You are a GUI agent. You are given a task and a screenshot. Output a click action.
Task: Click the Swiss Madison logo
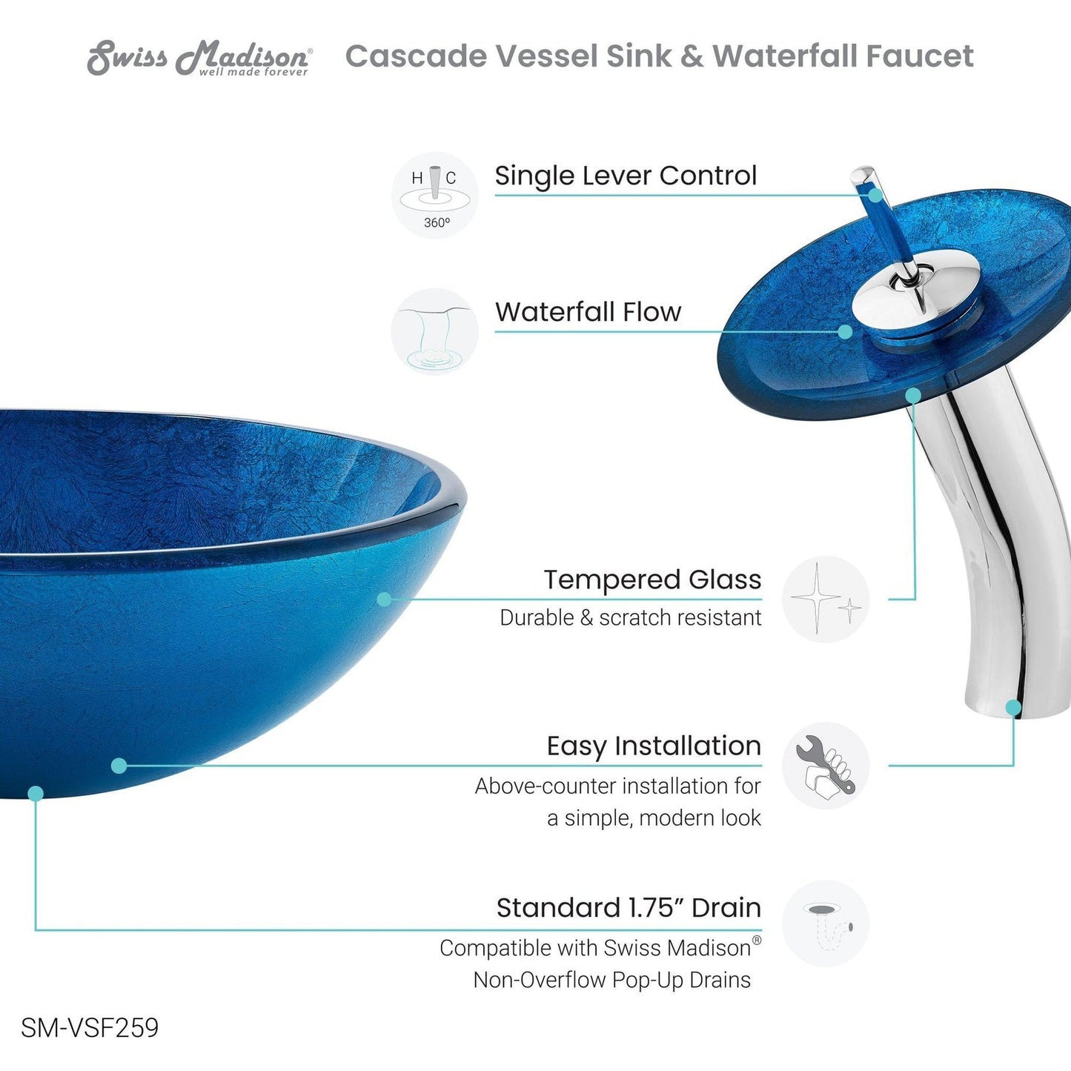199,58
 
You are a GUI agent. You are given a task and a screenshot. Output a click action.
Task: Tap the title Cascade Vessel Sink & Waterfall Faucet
659,56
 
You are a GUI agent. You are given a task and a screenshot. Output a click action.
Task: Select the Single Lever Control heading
626,176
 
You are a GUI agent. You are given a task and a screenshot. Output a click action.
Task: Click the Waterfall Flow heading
588,312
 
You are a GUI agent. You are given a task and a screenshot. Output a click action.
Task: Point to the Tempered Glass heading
652,580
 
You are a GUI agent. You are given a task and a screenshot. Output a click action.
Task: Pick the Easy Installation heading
654,746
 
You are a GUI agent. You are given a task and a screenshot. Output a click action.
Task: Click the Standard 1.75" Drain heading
629,907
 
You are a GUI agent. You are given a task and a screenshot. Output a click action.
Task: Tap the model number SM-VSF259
90,1028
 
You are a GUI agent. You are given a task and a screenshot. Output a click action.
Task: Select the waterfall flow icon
435,331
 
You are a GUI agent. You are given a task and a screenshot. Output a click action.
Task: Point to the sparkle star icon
826,599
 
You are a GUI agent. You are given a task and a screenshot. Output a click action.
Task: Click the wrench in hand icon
826,765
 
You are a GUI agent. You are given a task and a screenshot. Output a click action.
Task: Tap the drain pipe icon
826,924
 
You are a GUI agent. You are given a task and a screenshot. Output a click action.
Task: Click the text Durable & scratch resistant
630,617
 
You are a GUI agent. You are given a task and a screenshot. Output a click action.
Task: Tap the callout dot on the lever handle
876,196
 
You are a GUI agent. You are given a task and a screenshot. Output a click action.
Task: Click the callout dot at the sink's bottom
36,794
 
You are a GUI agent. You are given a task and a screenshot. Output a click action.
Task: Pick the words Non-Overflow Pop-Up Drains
611,980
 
